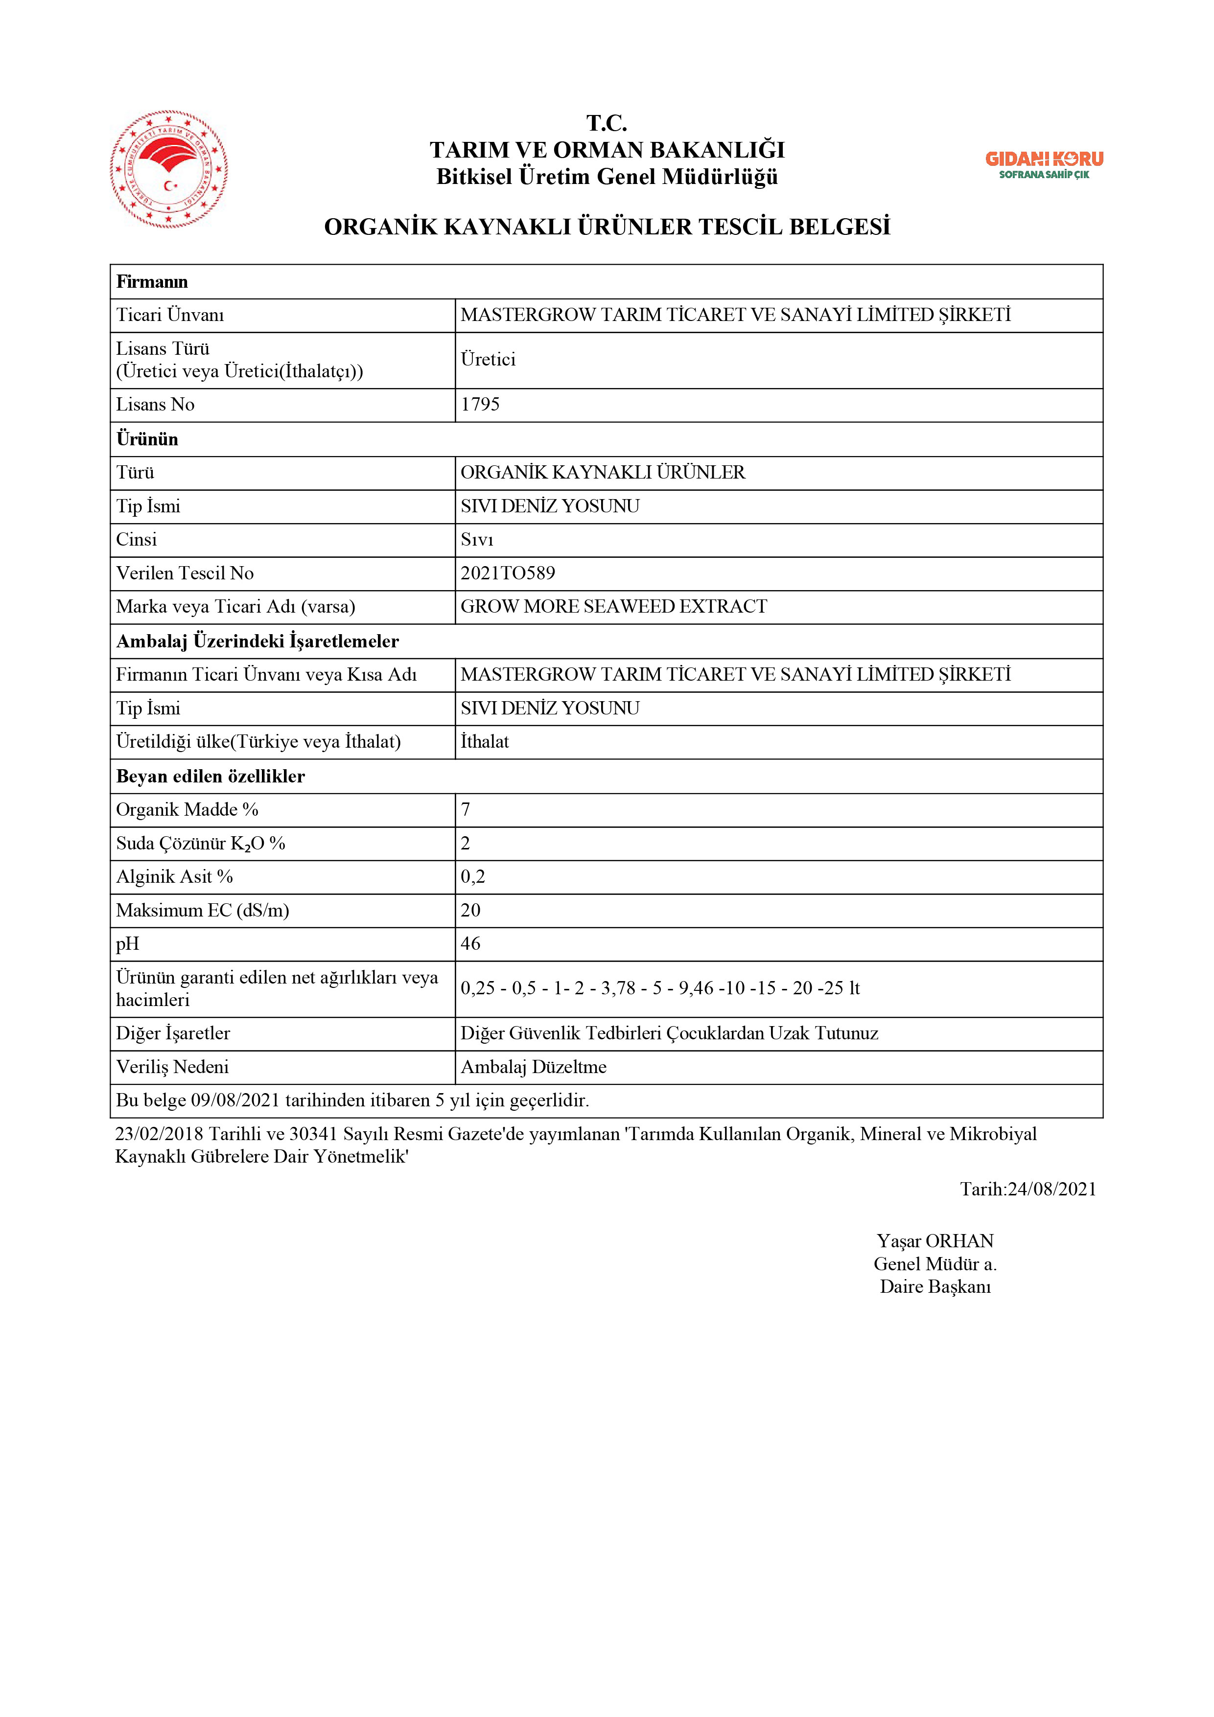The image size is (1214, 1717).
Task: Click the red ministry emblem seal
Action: [169, 169]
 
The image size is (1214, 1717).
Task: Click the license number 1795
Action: [480, 405]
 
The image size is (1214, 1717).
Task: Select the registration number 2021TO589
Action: [508, 573]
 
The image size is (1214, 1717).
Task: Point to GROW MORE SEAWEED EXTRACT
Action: [613, 606]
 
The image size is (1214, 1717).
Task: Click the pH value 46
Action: [470, 944]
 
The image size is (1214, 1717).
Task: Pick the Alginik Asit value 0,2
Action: [473, 876]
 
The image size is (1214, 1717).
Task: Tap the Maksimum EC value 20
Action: [470, 910]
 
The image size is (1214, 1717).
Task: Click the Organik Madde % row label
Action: [187, 810]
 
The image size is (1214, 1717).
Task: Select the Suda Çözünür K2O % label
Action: [201, 844]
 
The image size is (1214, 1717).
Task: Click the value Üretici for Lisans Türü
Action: [488, 360]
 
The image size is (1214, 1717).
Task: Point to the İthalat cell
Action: [485, 742]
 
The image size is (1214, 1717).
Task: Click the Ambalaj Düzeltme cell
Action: [533, 1067]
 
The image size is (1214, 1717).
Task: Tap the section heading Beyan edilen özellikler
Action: [210, 776]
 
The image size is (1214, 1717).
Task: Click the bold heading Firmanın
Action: [152, 282]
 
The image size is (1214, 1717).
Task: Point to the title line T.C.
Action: [607, 123]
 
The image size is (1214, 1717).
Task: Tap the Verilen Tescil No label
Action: [185, 573]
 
